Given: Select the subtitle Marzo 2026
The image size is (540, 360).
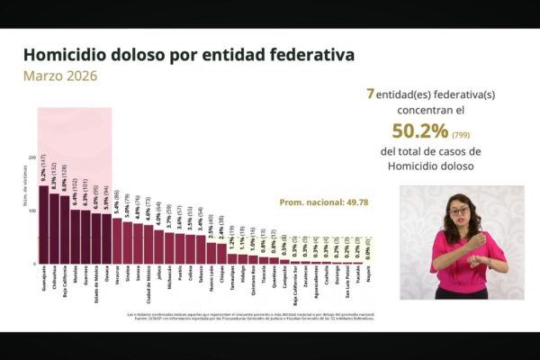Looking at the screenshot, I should click(x=60, y=76).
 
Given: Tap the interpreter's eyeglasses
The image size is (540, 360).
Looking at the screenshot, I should click(x=459, y=211).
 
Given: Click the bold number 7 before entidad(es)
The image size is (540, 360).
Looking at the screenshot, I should click(x=370, y=93).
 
